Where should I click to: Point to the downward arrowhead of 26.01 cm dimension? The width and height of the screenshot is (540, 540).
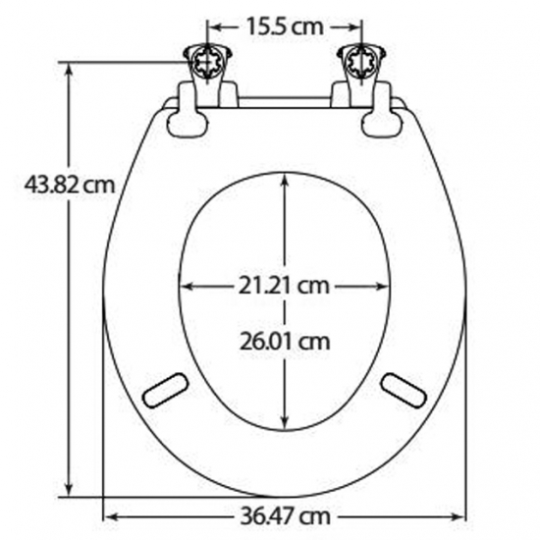click(x=285, y=425)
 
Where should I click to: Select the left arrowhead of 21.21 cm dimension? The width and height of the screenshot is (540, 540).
click(x=185, y=287)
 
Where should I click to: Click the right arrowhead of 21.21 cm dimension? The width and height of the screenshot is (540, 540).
click(x=385, y=287)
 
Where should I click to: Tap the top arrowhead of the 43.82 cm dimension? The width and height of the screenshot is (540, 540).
click(x=69, y=70)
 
